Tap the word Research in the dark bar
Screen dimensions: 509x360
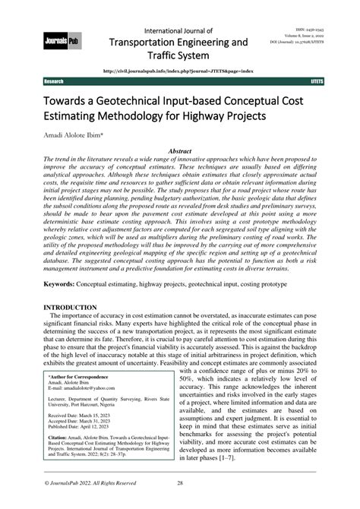pos(55,81)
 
